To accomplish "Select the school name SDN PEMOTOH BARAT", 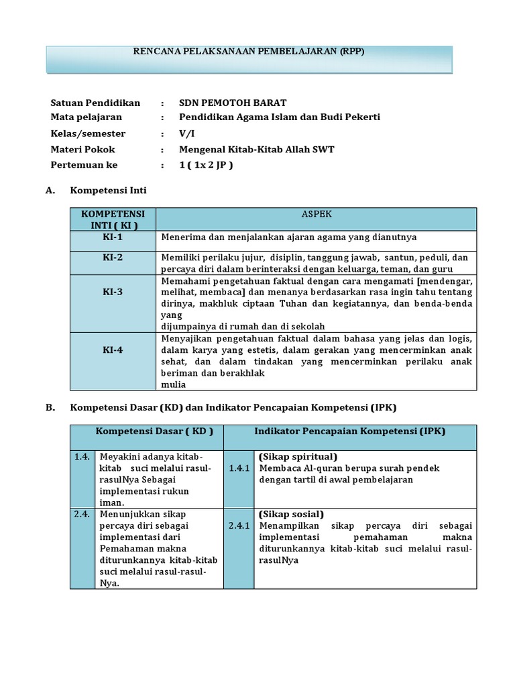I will (233, 103).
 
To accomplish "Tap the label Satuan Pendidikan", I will (95, 103).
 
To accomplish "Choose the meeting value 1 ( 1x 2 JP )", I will (206, 164).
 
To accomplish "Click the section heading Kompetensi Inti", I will (108, 191).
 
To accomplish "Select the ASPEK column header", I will (316, 214).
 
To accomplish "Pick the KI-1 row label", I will (112, 237).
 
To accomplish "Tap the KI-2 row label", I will (112, 258).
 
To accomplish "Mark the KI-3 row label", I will (112, 292).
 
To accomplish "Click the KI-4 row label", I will (112, 350).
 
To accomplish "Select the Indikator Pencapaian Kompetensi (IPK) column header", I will (350, 431).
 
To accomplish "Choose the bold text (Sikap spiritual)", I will (298, 457).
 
